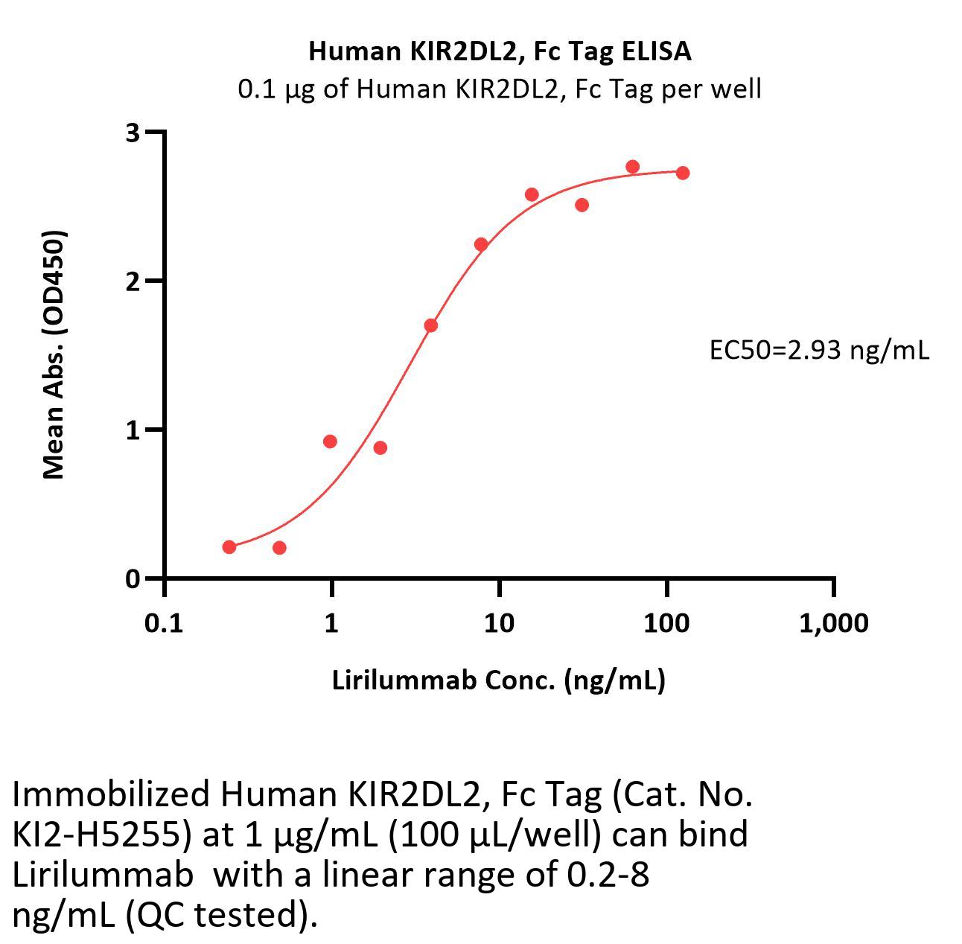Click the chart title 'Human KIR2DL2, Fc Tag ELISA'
pyautogui.click(x=500, y=51)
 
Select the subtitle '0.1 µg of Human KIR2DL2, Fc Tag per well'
pyautogui.click(x=500, y=89)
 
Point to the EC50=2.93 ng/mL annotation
pyautogui.click(x=819, y=350)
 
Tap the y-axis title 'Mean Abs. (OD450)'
pyautogui.click(x=54, y=354)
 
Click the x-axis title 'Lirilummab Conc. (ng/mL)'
pyautogui.click(x=498, y=680)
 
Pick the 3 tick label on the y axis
pyautogui.click(x=133, y=133)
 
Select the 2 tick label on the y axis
pyautogui.click(x=133, y=281)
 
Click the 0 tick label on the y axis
pyautogui.click(x=133, y=579)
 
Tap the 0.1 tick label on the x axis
pyautogui.click(x=164, y=622)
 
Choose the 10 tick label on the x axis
pyautogui.click(x=498, y=622)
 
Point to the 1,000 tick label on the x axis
pyautogui.click(x=833, y=622)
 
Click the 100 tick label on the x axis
pyautogui.click(x=666, y=622)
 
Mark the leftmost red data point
pyautogui.click(x=229, y=547)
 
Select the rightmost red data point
pyautogui.click(x=683, y=173)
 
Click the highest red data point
pyautogui.click(x=633, y=166)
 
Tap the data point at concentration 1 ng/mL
pyautogui.click(x=330, y=441)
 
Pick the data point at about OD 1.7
pyautogui.click(x=430, y=325)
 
